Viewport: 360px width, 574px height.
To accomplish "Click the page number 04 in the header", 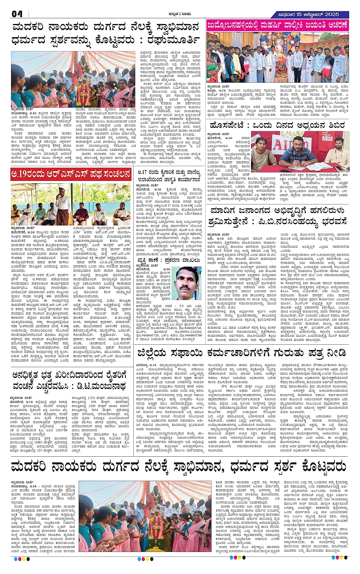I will (17, 14).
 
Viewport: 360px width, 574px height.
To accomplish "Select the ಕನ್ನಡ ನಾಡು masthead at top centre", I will (180, 14).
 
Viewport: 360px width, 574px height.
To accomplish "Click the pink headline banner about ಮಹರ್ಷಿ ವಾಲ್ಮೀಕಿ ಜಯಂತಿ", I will (277, 26).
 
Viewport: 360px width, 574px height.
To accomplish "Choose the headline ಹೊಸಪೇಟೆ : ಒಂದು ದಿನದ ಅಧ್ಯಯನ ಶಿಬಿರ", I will (277, 125).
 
